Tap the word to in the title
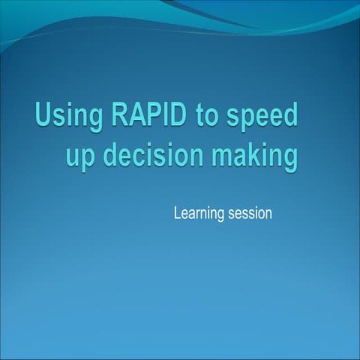[x=190, y=117]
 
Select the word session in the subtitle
[x=250, y=214]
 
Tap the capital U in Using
[x=43, y=116]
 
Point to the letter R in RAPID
[x=104, y=116]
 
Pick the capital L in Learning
[x=177, y=214]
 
